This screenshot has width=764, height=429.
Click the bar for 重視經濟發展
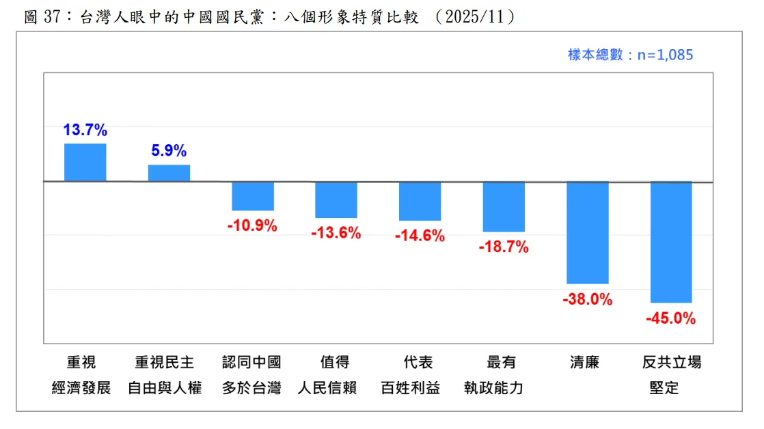pos(85,163)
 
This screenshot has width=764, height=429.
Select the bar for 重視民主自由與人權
pos(169,174)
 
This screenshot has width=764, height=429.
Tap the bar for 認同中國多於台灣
pos(253,196)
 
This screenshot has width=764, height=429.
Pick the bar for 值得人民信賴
pos(336,199)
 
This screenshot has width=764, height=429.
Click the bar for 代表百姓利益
pos(420,202)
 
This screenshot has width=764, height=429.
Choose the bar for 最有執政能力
pos(504,207)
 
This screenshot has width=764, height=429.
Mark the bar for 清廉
pos(588,233)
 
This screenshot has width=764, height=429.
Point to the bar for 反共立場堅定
pos(671,243)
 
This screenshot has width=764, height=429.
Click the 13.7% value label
pos(85,130)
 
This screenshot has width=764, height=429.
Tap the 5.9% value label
pos(169,151)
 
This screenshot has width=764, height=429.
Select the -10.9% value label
pos(253,225)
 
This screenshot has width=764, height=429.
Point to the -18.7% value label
pos(504,247)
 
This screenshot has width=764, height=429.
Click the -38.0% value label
pos(588,299)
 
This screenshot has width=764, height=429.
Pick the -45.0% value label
pos(671,318)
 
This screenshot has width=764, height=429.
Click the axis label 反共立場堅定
pos(672,375)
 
